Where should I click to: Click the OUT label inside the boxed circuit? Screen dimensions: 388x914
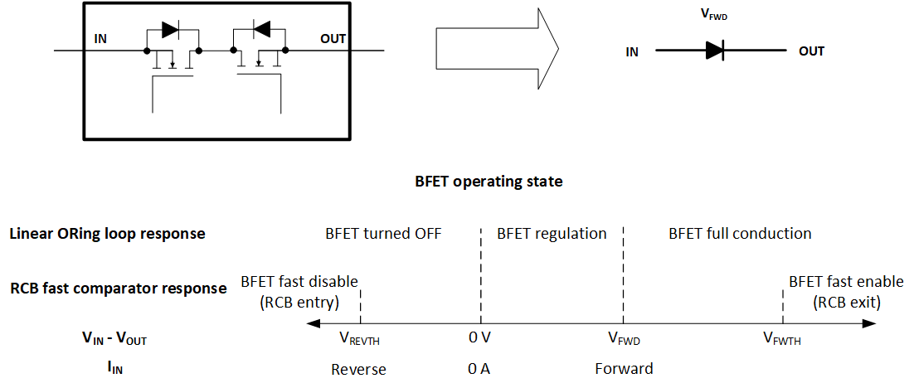point(333,38)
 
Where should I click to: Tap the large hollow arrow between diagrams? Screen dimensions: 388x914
point(496,51)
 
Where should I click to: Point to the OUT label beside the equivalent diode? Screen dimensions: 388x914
point(811,51)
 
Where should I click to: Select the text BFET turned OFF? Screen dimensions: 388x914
point(383,233)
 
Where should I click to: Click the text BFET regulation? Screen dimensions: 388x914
point(552,233)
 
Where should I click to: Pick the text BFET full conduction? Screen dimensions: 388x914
point(740,233)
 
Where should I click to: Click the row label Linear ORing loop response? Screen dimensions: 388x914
point(107,234)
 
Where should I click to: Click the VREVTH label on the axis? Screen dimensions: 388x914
point(359,338)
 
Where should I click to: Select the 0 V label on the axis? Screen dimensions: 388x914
point(479,337)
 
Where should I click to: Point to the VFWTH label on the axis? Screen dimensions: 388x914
point(782,338)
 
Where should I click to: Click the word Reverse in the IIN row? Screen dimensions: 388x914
point(358,369)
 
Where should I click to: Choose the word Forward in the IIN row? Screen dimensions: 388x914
point(624,368)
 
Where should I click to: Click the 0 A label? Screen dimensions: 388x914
point(479,369)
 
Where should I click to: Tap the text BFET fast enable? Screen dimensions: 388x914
point(834,281)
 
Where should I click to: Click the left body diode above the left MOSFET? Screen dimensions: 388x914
point(171,30)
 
